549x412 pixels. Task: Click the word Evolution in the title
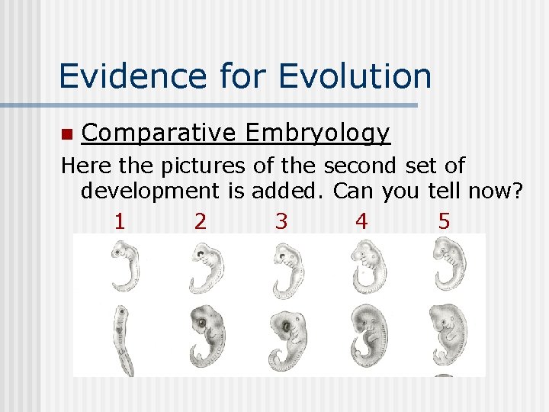[x=355, y=76]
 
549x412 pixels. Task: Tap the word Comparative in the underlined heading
[x=159, y=134]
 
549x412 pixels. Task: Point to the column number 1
[x=119, y=221]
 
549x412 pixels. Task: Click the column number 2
[x=200, y=221]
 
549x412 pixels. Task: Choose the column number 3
[x=281, y=221]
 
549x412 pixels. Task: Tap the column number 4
[x=361, y=221]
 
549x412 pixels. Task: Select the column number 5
[x=444, y=221]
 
